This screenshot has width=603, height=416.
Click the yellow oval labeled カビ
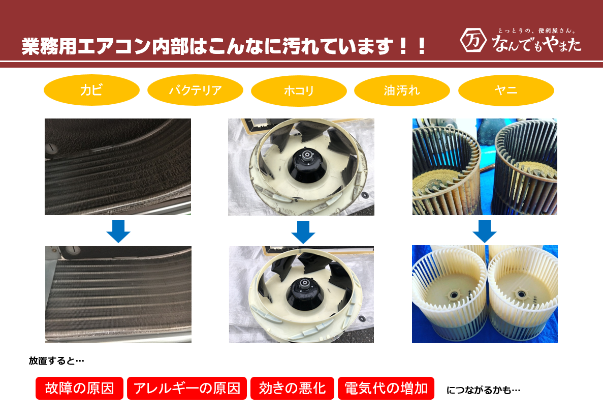point(91,91)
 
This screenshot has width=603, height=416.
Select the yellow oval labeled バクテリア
point(195,91)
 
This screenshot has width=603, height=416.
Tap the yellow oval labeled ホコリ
point(299,91)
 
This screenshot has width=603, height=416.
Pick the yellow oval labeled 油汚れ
point(402,91)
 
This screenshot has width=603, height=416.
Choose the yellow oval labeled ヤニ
point(506,91)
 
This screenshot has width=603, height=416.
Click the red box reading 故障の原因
point(80,389)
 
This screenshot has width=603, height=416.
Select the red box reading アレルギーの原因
point(186,389)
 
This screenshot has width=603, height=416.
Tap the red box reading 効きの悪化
point(292,389)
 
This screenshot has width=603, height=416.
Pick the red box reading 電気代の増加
point(386,389)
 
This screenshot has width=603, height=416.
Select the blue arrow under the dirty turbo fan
point(303,232)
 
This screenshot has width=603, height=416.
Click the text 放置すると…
point(57,361)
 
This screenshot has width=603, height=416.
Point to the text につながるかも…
point(483,390)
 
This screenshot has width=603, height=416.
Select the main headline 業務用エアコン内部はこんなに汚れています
point(224,47)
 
